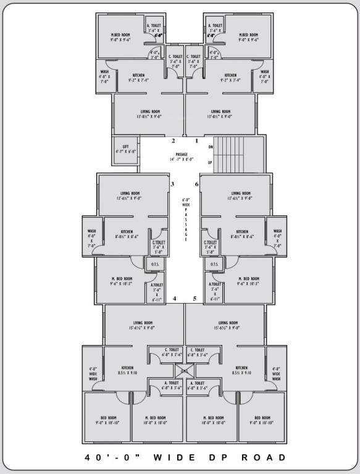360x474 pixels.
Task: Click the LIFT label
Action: pos(125,146)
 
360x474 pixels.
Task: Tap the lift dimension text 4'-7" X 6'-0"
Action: pos(125,151)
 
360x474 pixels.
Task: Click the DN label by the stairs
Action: pos(211,147)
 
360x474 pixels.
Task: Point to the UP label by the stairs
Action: pos(211,162)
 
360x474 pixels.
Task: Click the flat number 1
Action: pos(196,141)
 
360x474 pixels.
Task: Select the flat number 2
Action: pos(164,141)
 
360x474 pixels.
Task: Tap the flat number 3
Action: pos(173,185)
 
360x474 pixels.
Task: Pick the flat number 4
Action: pos(175,299)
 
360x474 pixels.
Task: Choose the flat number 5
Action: pos(195,299)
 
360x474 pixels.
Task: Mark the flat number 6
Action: pos(196,185)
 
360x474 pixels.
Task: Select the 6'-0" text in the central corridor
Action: pos(185,199)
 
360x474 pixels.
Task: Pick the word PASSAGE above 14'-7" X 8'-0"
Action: pos(181,154)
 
